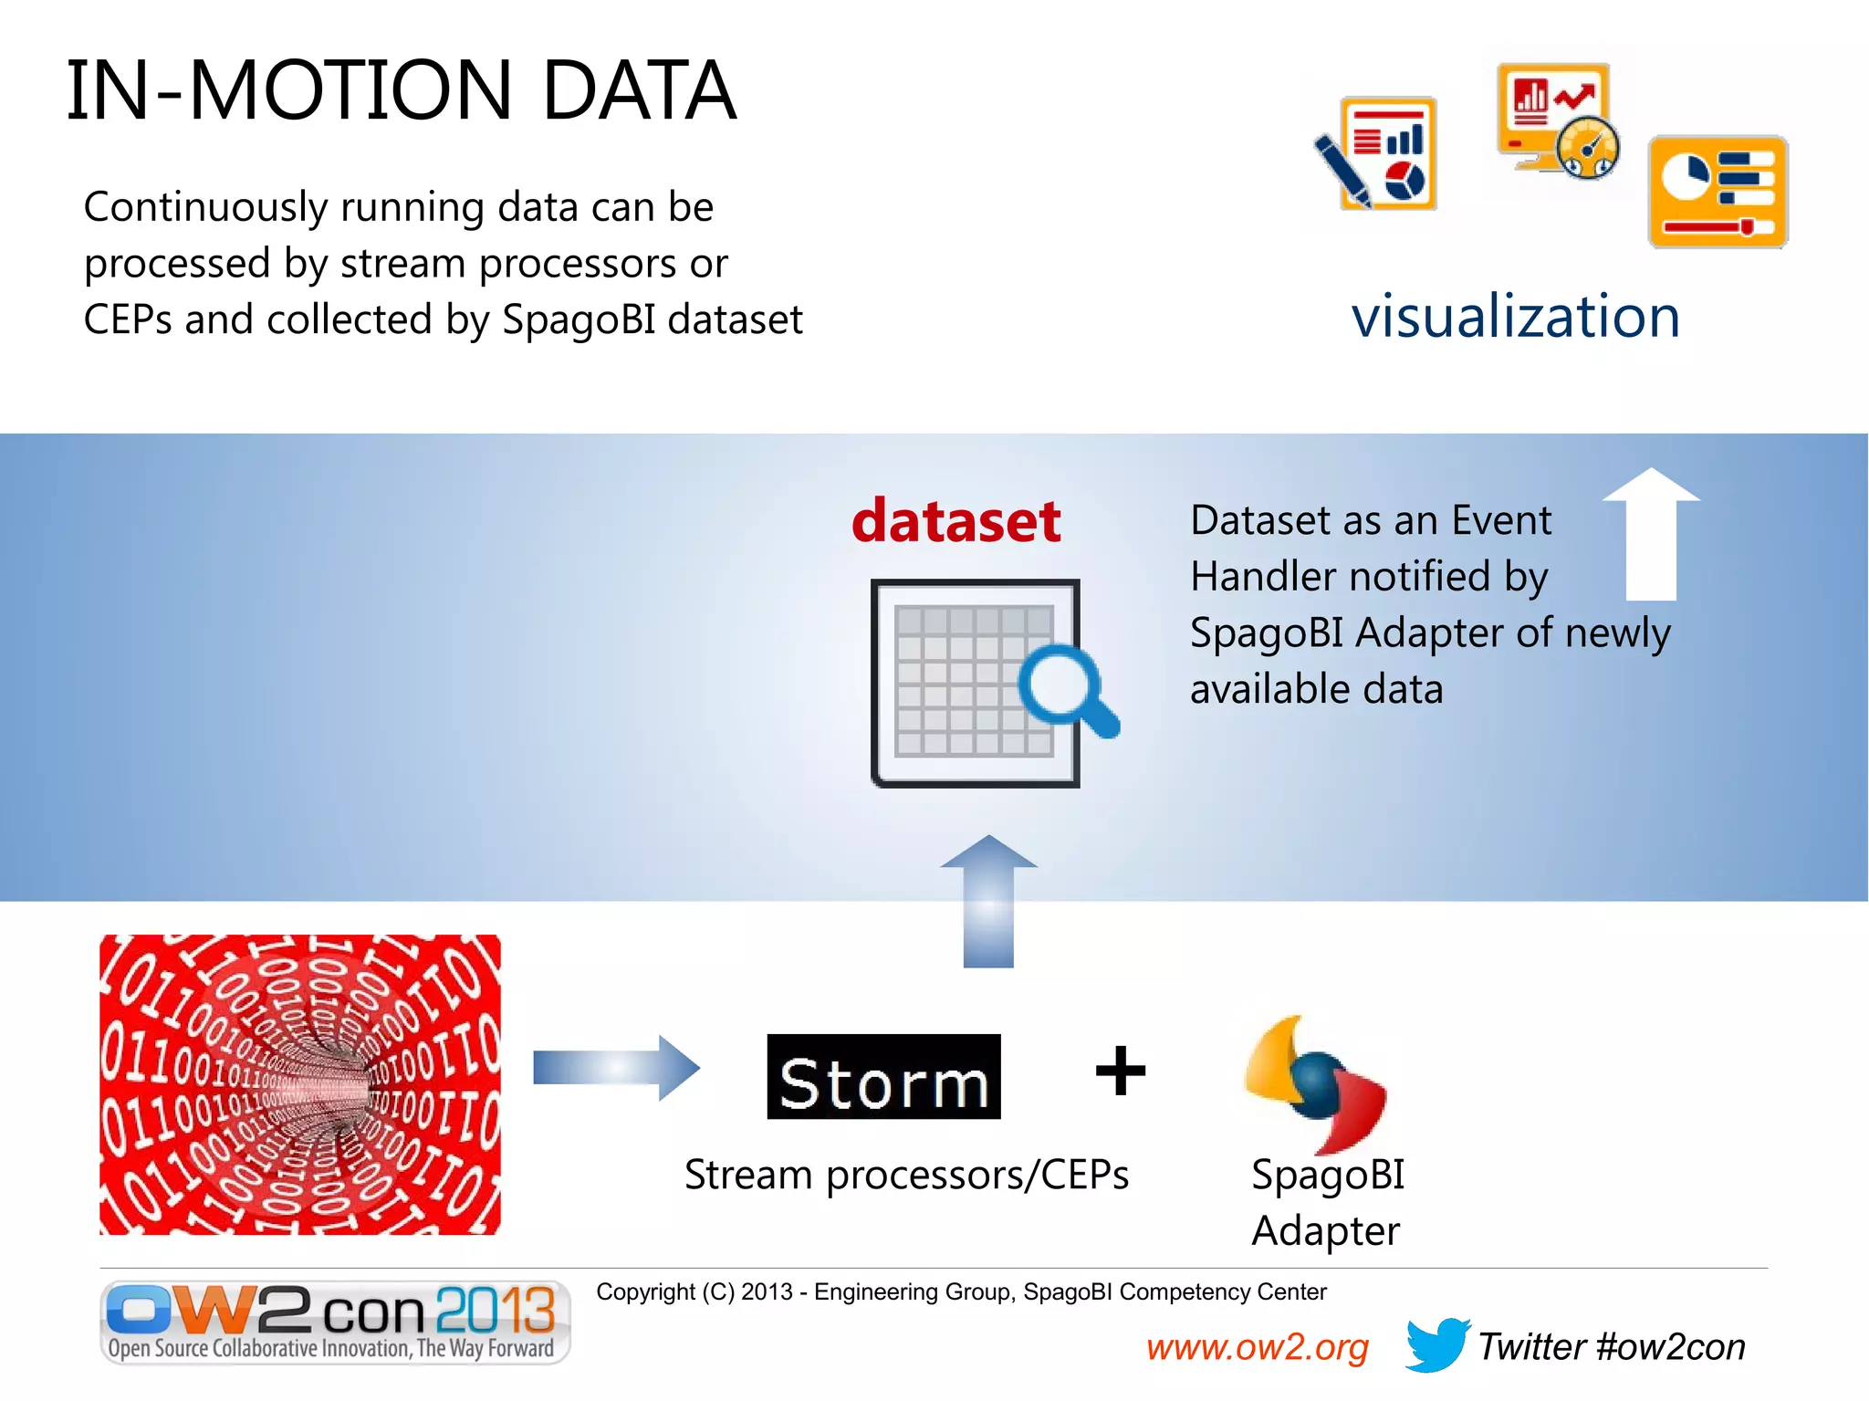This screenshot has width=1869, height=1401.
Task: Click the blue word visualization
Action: coord(1515,317)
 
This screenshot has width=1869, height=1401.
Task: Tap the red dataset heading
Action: coord(955,521)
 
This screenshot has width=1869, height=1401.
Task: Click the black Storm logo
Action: coord(883,1078)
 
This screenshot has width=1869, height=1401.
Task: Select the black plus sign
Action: coord(1120,1071)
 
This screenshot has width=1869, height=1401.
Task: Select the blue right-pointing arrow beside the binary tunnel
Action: coord(616,1067)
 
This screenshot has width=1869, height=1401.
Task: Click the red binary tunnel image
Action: coord(299,1084)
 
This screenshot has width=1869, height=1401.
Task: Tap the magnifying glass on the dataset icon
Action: coord(1064,689)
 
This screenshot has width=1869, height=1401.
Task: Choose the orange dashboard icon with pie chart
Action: coord(1717,192)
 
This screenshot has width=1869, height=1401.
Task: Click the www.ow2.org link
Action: coord(1257,1347)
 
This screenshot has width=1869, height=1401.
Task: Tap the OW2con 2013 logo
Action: coord(334,1322)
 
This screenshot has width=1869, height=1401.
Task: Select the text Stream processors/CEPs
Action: coord(906,1175)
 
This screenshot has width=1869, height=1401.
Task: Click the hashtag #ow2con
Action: coord(1671,1347)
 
